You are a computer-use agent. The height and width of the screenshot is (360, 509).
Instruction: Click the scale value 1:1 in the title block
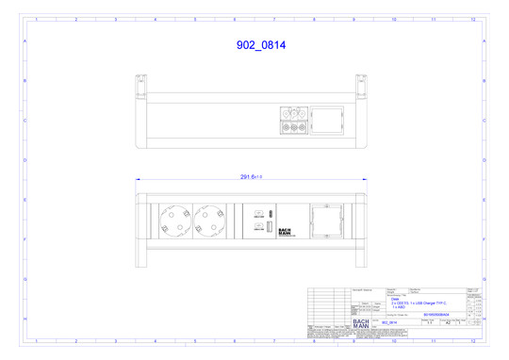tap(430, 322)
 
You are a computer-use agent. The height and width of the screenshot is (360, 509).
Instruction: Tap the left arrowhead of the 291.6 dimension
tap(138, 178)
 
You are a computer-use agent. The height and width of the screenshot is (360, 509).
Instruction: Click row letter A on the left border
tap(25, 42)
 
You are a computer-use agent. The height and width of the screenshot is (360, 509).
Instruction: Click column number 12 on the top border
tap(471, 18)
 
